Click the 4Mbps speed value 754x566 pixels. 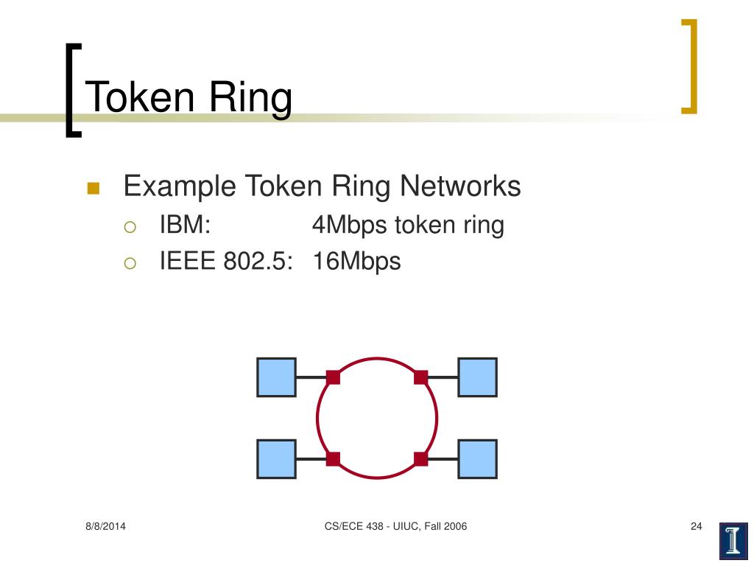coord(349,226)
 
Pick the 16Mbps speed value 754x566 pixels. coord(356,262)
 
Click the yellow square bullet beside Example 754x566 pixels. coord(94,188)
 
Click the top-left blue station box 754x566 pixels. coord(276,377)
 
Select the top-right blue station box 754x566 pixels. coord(477,377)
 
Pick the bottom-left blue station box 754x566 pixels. coord(276,458)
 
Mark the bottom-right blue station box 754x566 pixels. coord(477,458)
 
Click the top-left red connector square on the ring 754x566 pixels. coord(333,377)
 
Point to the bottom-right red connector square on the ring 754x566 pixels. coord(420,459)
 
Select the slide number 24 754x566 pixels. coord(697,526)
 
